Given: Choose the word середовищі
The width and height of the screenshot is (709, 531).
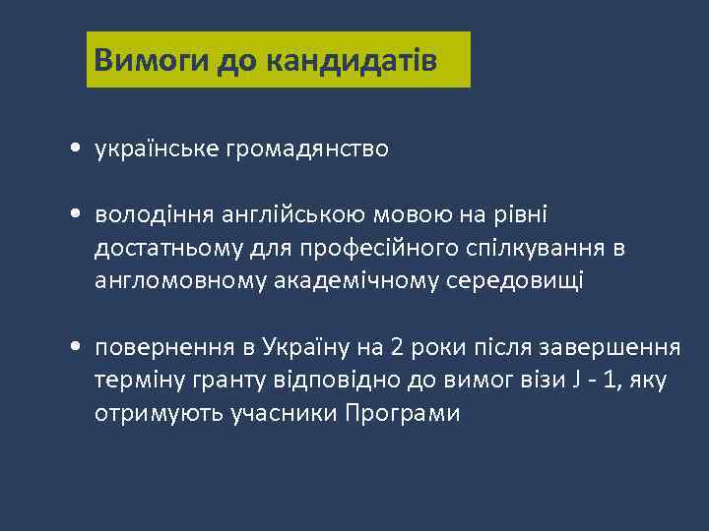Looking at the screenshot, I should pos(515,281).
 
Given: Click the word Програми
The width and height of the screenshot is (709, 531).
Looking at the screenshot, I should pos(402,413).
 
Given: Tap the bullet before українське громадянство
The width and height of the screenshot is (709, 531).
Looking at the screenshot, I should pos(76,150).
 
